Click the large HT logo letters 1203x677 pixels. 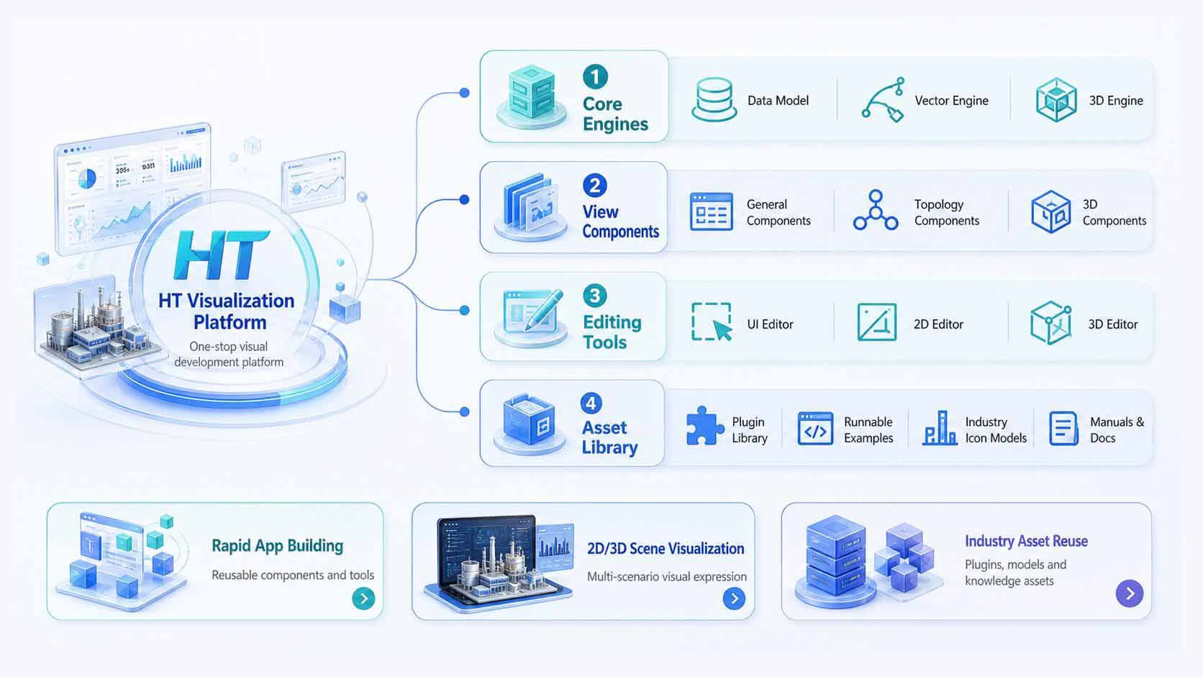tap(221, 255)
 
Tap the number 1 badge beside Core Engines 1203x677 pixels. tap(595, 77)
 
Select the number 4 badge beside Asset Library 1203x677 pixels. tap(591, 403)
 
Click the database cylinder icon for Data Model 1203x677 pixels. tap(714, 100)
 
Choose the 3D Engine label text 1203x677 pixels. tap(1116, 101)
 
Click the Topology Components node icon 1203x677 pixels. tap(876, 211)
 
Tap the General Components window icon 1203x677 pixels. tap(711, 212)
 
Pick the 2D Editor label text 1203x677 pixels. tap(938, 324)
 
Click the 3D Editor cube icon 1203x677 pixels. tap(1051, 322)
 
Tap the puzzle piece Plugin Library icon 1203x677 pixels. tap(704, 427)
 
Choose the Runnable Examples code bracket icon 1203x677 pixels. tap(815, 429)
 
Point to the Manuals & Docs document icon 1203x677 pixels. tap(1063, 428)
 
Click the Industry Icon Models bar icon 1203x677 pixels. tap(940, 428)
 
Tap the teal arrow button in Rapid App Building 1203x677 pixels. tap(363, 598)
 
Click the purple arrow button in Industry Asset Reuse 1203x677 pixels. tap(1130, 594)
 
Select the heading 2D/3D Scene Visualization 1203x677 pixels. tap(666, 549)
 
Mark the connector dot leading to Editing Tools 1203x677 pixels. tap(465, 310)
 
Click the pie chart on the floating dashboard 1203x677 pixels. tap(87, 178)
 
